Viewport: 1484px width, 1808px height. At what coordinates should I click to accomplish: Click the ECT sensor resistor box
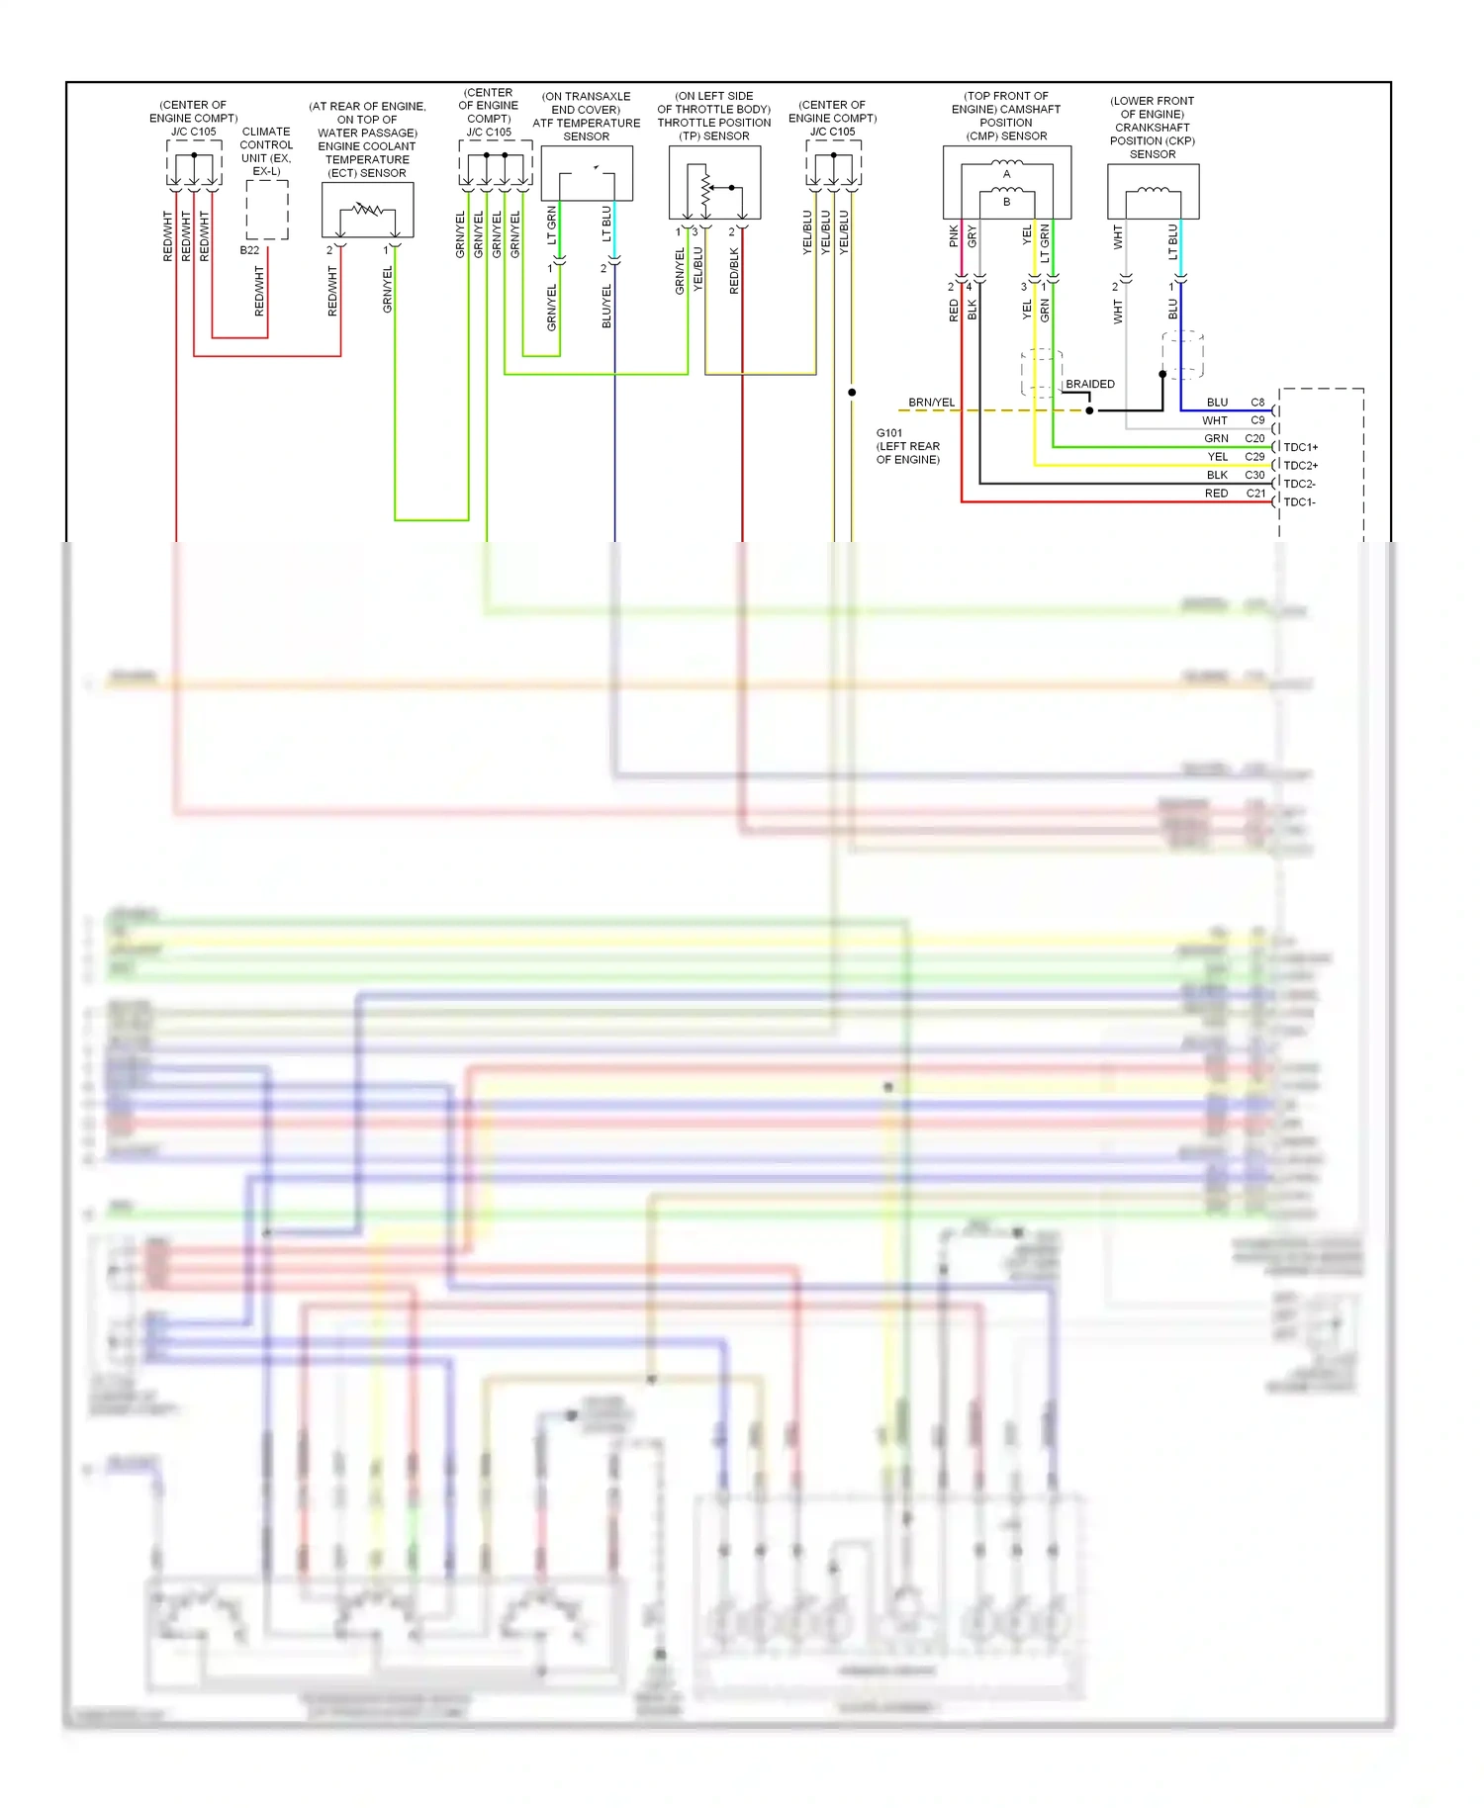coord(367,210)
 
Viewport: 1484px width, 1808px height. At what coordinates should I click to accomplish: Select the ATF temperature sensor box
coord(587,174)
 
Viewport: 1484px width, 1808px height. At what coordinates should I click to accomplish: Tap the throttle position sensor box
coord(714,183)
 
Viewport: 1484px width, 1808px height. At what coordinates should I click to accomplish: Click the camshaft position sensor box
coord(1006,183)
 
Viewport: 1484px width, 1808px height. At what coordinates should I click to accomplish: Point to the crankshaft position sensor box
coord(1153,192)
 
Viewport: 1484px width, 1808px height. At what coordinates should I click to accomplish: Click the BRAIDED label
coord(1089,384)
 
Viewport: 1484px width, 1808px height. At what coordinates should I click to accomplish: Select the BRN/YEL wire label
coord(931,403)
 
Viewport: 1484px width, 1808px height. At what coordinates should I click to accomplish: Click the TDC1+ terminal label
coord(1300,447)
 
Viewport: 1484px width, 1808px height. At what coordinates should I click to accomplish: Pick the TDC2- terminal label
coord(1299,484)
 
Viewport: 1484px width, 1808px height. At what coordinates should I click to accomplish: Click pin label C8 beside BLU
coord(1257,403)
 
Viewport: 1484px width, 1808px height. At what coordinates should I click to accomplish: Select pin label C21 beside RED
coord(1255,493)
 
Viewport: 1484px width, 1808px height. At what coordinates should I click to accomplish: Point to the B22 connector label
coord(249,250)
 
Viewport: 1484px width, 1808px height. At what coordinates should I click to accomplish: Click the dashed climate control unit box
coord(267,210)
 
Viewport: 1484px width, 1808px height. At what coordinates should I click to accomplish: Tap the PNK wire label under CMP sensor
coord(954,235)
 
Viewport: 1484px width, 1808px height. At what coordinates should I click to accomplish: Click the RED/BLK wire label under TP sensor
coord(734,270)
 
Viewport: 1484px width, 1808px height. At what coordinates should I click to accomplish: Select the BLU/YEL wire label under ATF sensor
coord(606,306)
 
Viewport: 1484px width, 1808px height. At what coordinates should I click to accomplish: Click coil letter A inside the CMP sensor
coord(1006,174)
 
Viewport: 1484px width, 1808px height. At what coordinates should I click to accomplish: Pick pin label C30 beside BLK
coord(1254,475)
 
